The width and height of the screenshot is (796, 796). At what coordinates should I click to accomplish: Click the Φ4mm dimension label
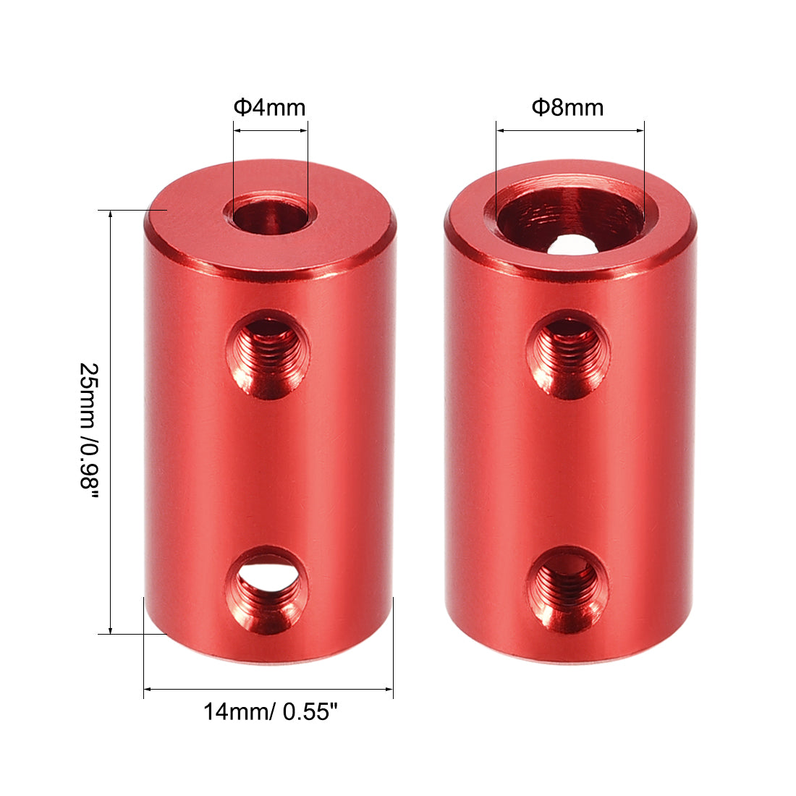pyautogui.click(x=269, y=108)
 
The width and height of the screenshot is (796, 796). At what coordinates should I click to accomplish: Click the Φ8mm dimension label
pyautogui.click(x=568, y=108)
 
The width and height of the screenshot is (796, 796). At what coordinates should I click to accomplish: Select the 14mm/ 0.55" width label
pyautogui.click(x=271, y=713)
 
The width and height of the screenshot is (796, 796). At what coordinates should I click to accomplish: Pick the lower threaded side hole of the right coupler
pyautogui.click(x=567, y=588)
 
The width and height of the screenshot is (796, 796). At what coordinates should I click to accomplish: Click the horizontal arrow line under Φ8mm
pyautogui.click(x=570, y=131)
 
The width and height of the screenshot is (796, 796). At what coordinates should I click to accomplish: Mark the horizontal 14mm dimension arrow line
pyautogui.click(x=268, y=689)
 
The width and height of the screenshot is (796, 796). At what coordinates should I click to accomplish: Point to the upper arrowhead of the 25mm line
pyautogui.click(x=110, y=214)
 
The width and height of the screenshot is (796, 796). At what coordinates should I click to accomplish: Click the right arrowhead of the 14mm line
pyautogui.click(x=390, y=689)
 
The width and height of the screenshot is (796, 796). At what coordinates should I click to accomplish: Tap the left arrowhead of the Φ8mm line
pyautogui.click(x=499, y=131)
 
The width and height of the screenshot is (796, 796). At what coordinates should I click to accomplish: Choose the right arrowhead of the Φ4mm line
pyautogui.click(x=305, y=131)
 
